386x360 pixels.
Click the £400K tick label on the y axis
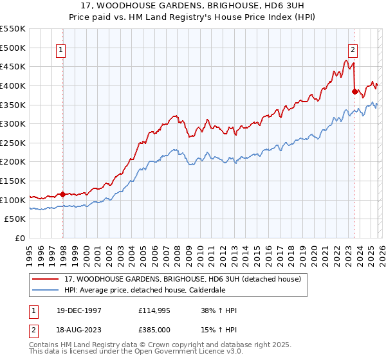coord(13,85)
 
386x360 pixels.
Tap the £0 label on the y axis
coord(19,239)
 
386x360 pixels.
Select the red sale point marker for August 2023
coord(354,91)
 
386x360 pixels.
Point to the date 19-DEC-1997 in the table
coord(78,310)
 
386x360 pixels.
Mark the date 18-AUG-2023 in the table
coord(78,330)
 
